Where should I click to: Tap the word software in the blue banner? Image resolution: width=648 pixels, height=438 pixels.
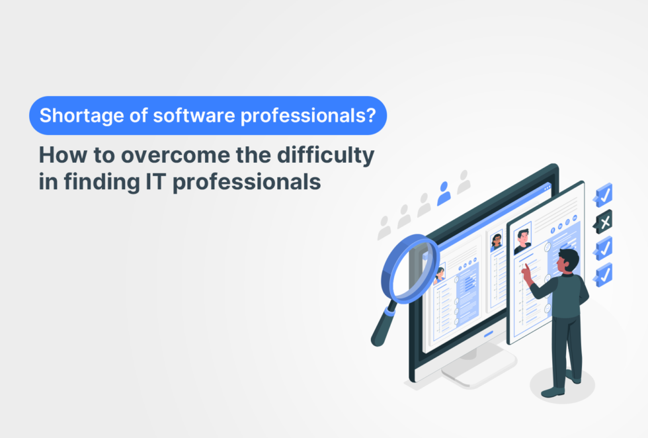[x=181, y=116]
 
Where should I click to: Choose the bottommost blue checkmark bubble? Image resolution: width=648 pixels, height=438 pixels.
[x=603, y=273]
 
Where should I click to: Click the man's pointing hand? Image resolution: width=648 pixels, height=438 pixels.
[x=526, y=272]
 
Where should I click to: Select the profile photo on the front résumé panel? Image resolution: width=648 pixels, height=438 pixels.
[x=523, y=239]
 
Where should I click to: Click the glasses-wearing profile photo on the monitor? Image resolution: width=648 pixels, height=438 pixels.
[x=497, y=241]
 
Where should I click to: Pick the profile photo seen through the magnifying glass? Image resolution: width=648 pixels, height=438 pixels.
[x=439, y=274]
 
